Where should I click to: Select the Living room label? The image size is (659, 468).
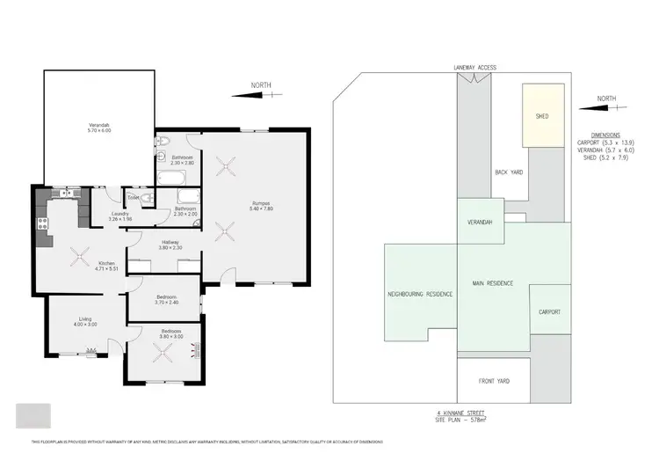click(x=85, y=322)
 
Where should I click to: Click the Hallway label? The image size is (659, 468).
click(x=170, y=244)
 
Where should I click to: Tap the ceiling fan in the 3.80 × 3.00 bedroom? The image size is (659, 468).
click(x=164, y=352)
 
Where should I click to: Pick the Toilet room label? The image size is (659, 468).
click(x=134, y=196)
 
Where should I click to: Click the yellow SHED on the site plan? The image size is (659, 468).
click(x=542, y=115)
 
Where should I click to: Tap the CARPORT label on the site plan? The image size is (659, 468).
click(x=549, y=312)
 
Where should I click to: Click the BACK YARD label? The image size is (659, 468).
click(x=509, y=172)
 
